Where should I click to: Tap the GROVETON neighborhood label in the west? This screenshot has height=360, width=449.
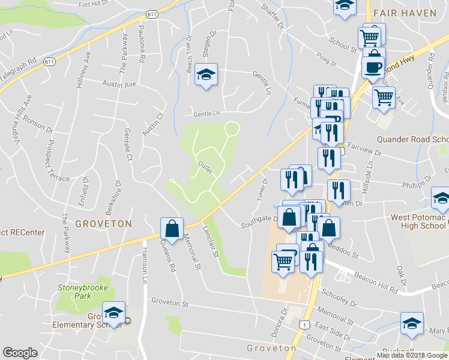(x=103, y=224)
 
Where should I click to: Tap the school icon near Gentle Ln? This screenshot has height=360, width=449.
(x=206, y=74)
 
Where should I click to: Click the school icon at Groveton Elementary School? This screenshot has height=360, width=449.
(x=113, y=313)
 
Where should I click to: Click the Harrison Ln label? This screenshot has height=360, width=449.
(x=144, y=266)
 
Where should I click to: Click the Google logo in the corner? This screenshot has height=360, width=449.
(x=20, y=353)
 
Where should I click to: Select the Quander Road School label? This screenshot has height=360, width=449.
(x=412, y=139)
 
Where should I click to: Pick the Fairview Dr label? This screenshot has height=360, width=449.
(x=362, y=146)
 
